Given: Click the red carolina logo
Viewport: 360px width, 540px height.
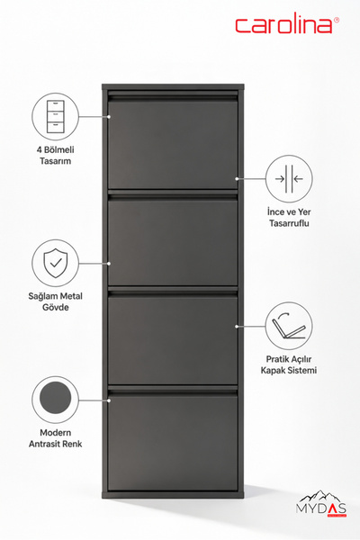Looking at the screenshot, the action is (284, 25).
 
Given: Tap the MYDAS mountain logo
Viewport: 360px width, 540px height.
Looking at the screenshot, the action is (321, 504).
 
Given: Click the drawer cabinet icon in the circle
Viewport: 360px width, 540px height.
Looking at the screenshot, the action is (56, 117).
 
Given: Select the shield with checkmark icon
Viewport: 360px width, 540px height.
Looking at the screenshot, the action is (56, 264).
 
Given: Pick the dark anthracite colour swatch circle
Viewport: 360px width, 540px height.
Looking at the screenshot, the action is (56, 398).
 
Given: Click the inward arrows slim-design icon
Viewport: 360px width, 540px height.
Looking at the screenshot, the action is (289, 179).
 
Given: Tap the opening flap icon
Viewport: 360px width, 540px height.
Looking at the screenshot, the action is (289, 327).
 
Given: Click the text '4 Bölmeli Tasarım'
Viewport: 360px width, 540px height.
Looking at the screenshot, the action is (56, 156).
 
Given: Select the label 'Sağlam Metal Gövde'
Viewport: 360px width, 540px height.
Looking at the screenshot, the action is (56, 301).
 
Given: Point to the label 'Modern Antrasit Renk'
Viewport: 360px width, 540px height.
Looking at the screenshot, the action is (56, 438).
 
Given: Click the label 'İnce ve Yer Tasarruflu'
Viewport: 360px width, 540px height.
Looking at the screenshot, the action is (289, 217).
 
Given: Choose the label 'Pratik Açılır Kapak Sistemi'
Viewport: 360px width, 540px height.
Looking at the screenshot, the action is (289, 364).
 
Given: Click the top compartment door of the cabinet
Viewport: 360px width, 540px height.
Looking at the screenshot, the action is (173, 144).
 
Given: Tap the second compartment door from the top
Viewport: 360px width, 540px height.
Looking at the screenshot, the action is (173, 243).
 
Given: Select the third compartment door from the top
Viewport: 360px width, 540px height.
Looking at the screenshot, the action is (173, 340).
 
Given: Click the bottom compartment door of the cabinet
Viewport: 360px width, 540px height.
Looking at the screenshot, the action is (173, 443).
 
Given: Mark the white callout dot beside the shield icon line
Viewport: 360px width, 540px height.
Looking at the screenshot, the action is (109, 264).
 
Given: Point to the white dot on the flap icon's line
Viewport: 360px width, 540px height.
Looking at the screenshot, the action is (237, 326).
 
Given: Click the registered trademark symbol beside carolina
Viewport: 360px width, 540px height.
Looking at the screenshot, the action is (337, 20).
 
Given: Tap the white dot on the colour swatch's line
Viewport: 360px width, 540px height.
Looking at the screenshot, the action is (109, 400).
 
